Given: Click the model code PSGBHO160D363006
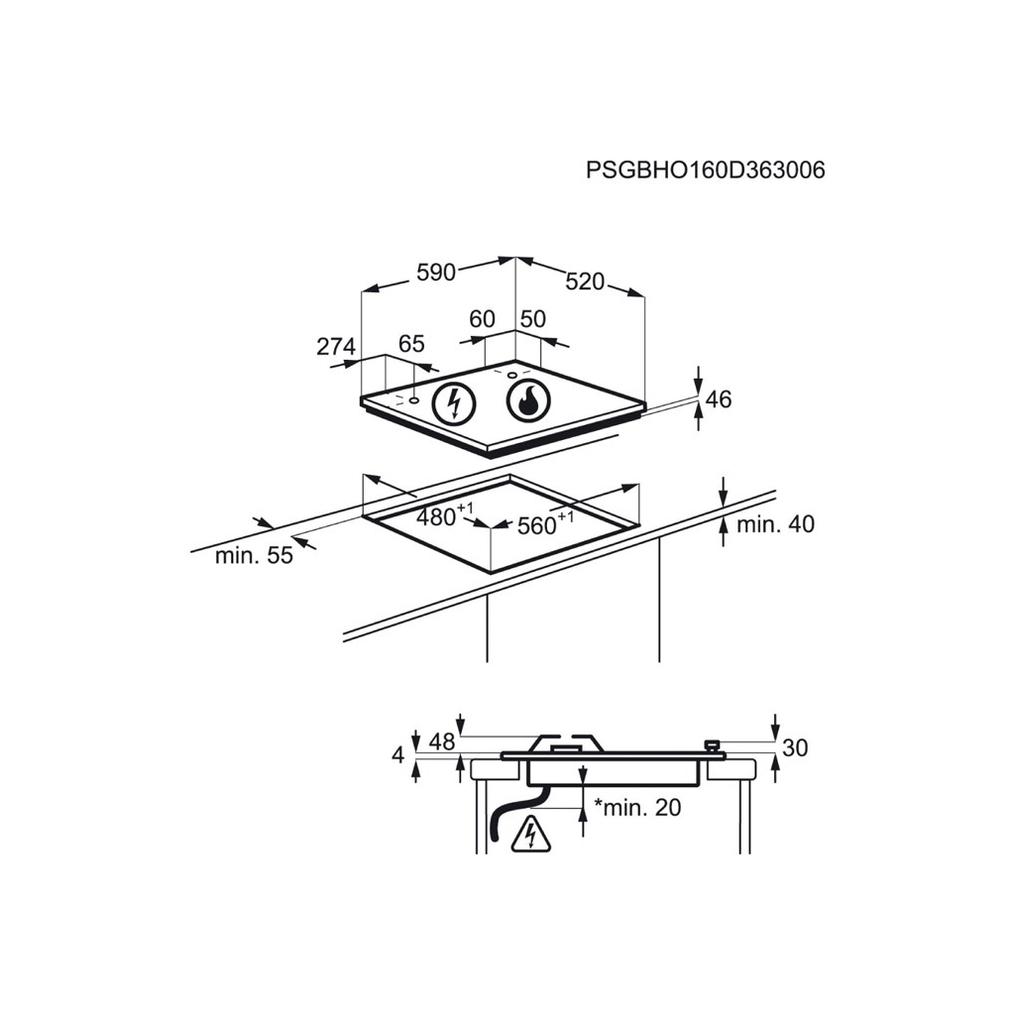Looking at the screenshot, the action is tap(706, 170).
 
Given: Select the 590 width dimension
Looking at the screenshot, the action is tap(436, 273).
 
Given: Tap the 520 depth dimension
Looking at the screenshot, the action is tap(585, 282).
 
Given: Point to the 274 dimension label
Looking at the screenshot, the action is tap(336, 347).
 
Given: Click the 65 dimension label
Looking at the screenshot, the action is tap(411, 344).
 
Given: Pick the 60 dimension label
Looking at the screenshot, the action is tap(483, 319).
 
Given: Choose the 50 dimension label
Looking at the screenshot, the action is tap(533, 319).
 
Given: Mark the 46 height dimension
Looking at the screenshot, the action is tap(719, 399).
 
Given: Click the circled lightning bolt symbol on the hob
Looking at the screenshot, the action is tap(454, 404).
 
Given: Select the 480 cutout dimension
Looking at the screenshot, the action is tap(445, 515).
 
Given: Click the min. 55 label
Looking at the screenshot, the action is tap(254, 555).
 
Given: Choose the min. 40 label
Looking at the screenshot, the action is tap(775, 523).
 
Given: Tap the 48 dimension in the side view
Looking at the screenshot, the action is tap(442, 741).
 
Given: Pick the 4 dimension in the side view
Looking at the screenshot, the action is tap(398, 754).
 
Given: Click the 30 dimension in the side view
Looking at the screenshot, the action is tap(796, 747).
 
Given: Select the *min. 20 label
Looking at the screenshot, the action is tap(637, 807).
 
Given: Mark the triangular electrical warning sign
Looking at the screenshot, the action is tap(531, 835).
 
